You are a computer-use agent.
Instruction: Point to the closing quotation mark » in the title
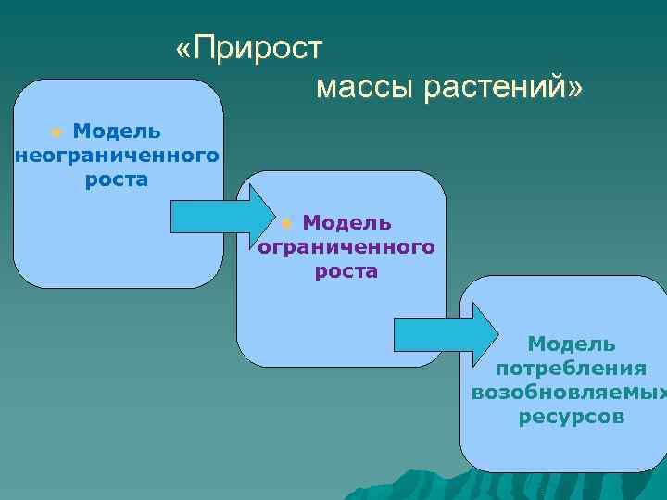tap(576, 89)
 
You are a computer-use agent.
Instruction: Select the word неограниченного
tap(117, 155)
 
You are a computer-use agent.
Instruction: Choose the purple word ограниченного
tap(346, 247)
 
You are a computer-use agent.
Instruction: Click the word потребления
tap(571, 369)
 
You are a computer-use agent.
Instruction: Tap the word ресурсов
tap(571, 417)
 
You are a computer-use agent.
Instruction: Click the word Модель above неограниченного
tap(117, 131)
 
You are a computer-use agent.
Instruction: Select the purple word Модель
tap(346, 223)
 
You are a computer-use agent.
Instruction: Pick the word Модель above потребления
tap(571, 344)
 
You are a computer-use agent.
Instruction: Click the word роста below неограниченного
tap(117, 179)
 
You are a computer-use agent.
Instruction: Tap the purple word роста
tap(346, 271)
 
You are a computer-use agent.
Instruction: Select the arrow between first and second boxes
tap(219, 218)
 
